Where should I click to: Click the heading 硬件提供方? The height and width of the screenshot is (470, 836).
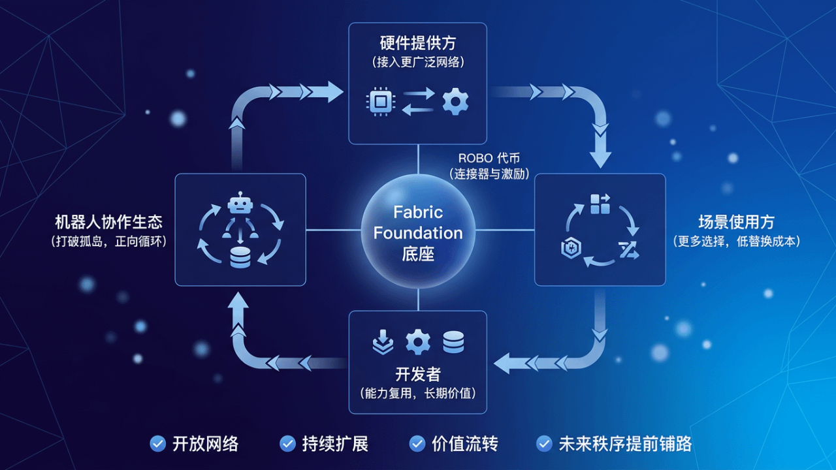(417, 43)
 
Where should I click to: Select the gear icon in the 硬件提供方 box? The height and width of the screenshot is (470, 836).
(455, 102)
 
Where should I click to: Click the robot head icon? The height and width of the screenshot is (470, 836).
(240, 204)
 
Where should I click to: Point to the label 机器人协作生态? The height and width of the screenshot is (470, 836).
(108, 222)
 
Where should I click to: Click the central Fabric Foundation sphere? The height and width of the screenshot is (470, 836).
(418, 232)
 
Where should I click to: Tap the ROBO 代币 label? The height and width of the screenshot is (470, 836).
(489, 159)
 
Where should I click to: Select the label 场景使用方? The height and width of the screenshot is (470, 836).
(736, 222)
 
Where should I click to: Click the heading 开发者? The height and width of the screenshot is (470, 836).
(417, 374)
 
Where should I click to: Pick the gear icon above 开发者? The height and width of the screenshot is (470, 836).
(418, 341)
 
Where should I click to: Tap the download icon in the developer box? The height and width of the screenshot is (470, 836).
(382, 341)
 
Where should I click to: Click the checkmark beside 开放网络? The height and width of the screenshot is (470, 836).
(157, 444)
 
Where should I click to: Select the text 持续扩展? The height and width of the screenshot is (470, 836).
(335, 444)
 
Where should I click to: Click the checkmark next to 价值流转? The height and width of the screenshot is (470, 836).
(417, 444)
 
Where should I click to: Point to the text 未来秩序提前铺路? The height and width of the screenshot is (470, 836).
(625, 444)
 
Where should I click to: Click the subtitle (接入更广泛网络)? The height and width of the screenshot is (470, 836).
(417, 62)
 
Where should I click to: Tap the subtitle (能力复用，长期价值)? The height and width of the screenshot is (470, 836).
(417, 393)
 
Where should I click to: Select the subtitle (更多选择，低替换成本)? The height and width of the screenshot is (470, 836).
(736, 241)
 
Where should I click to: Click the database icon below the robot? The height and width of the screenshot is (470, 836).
(240, 258)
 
